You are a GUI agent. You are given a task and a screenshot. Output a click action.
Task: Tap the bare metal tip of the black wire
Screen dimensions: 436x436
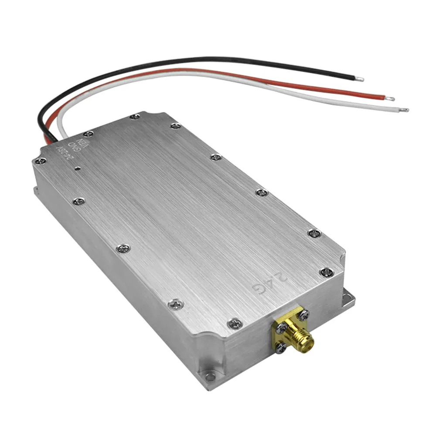pos(359,79)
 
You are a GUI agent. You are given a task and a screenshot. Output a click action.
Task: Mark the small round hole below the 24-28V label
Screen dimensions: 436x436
pos(78,167)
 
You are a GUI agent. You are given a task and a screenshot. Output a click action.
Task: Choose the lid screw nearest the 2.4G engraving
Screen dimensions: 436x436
pos(326,272)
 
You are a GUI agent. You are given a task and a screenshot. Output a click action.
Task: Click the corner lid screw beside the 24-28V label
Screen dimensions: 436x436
pos(41,161)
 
